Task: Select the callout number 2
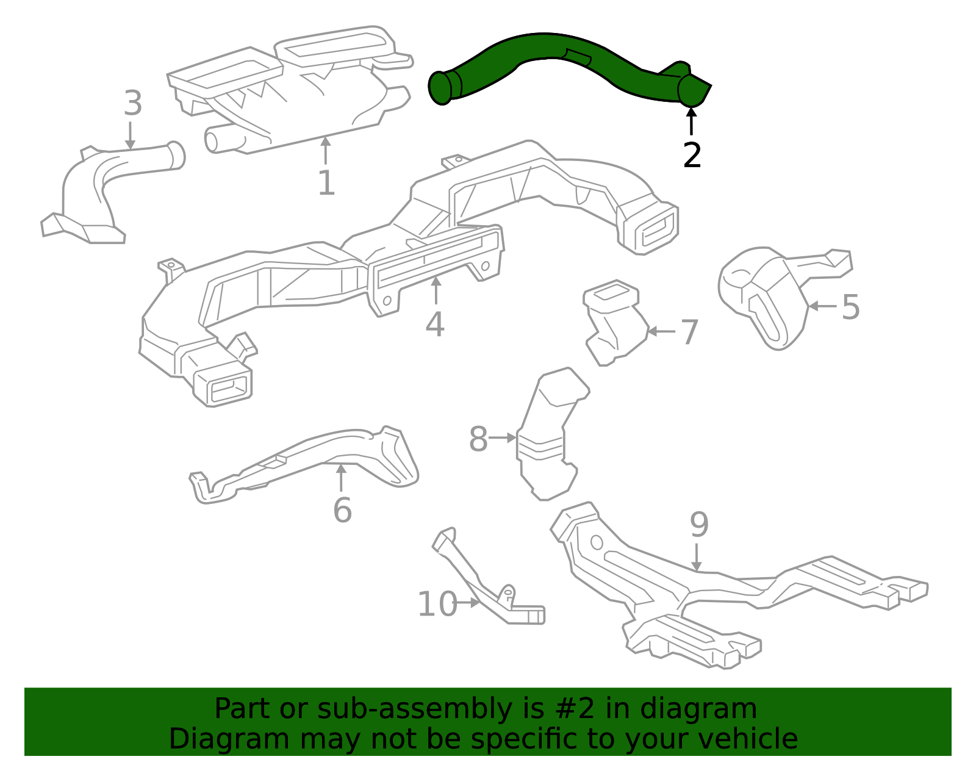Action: tap(692, 156)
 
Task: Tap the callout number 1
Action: tap(326, 183)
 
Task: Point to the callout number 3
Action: tap(132, 104)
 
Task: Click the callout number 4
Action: tap(434, 325)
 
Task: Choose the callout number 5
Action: tap(850, 307)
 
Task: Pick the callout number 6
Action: tap(342, 510)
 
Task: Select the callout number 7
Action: tap(689, 332)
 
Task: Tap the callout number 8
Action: tap(478, 439)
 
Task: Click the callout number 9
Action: tap(699, 525)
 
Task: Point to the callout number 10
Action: tap(437, 605)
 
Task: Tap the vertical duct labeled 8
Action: tap(546, 439)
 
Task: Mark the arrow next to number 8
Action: tap(503, 438)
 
